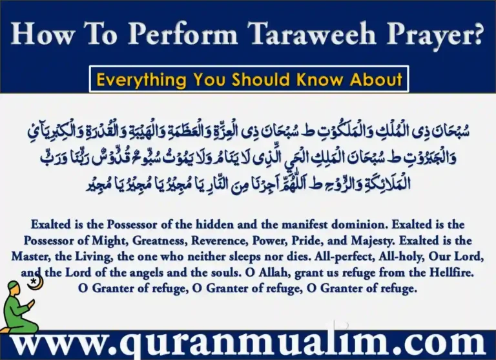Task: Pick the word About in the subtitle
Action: [x=378, y=80]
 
